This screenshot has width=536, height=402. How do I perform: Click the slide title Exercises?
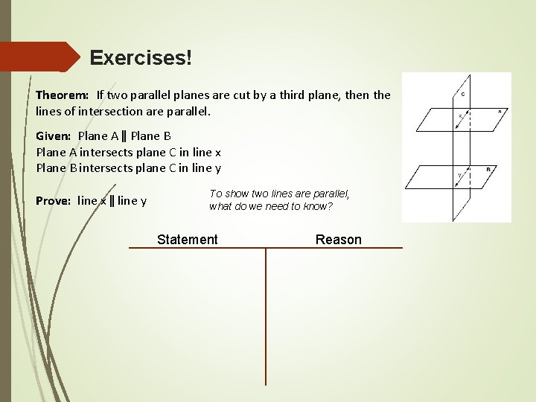click(x=141, y=57)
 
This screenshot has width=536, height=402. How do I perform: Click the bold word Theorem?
click(x=63, y=95)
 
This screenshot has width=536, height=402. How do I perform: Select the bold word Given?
click(x=54, y=135)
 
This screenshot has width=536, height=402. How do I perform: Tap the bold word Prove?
click(x=54, y=200)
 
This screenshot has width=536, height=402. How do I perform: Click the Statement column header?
click(x=188, y=239)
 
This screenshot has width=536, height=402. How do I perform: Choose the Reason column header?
click(x=339, y=239)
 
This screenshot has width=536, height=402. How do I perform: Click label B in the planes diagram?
click(x=488, y=169)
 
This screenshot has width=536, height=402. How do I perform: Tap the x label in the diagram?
click(x=460, y=115)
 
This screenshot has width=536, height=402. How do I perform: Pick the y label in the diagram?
click(x=459, y=176)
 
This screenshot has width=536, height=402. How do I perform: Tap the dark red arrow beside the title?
click(x=45, y=57)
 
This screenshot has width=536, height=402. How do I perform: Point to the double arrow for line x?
click(x=464, y=121)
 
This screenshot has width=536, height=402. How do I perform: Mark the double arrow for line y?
click(x=465, y=179)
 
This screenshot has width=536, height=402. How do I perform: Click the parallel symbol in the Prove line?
click(x=112, y=200)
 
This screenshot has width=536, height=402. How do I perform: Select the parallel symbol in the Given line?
click(x=124, y=135)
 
